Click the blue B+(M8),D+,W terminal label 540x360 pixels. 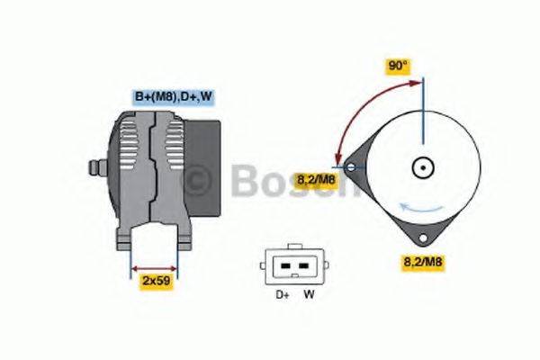[x=174, y=95]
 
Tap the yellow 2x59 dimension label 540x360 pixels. [x=157, y=282]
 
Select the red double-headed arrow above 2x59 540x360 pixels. [x=155, y=267]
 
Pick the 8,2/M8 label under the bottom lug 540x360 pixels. [x=423, y=262]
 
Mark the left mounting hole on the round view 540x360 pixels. [x=350, y=166]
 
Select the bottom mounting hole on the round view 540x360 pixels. [x=422, y=238]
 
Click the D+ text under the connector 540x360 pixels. [x=280, y=294]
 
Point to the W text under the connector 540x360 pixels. [x=308, y=294]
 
